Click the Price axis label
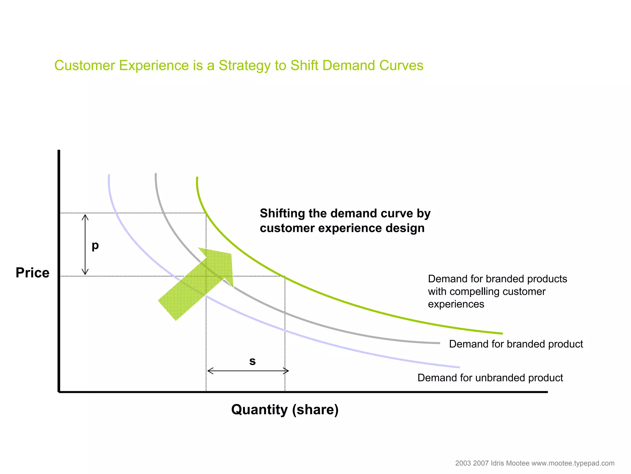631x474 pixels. coord(32,273)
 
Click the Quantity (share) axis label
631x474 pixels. coord(285,410)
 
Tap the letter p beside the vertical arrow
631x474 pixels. coord(95,246)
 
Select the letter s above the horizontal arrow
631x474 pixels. coord(252,361)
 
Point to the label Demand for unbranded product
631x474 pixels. coord(490,378)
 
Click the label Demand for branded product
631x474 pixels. coord(516,344)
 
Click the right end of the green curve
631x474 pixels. coord(502,333)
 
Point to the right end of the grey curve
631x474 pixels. coord(439,343)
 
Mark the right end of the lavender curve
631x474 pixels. coord(459,367)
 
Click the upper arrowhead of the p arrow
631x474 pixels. coord(85,216)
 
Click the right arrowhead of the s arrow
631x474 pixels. coord(287,371)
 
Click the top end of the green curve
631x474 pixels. coord(197,178)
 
